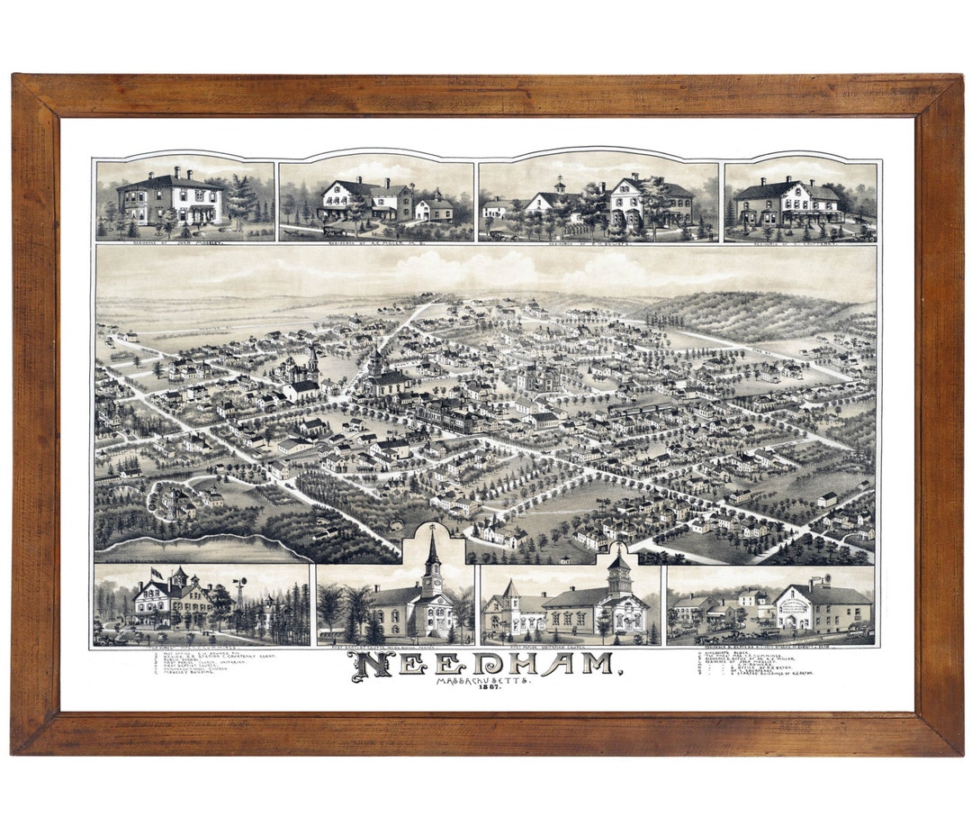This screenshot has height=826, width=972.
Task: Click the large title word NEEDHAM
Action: pos(486,665)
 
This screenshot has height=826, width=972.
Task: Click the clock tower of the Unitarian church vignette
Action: pos(619,576)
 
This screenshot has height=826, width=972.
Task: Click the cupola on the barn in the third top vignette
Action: pos(559,185)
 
